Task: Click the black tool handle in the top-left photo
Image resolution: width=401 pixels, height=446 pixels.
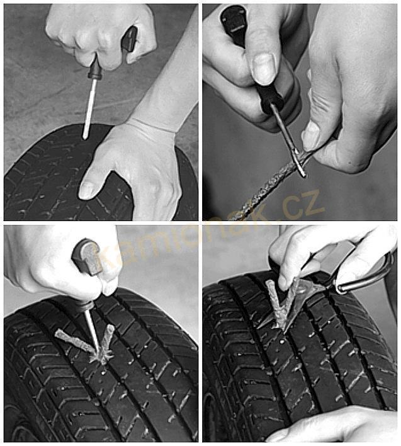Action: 130,39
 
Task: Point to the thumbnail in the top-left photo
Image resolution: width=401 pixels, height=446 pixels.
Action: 87,190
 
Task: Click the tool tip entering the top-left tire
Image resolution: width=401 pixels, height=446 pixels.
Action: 84,137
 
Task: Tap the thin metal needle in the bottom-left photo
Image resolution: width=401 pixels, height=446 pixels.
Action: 93,331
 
